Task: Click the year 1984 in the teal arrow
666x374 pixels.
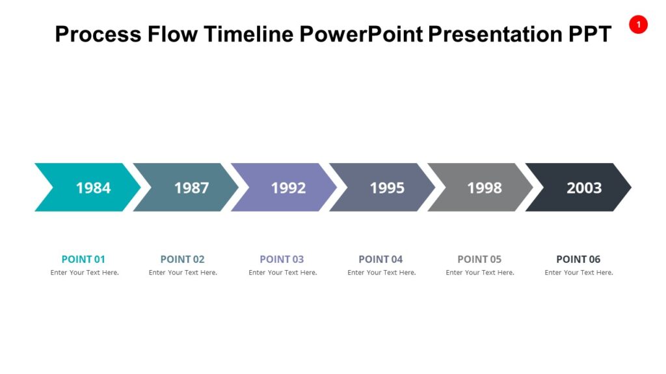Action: tap(93, 188)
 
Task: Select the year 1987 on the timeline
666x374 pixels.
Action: tap(191, 188)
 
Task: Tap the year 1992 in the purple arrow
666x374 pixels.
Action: tap(288, 188)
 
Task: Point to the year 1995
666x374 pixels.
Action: tap(387, 188)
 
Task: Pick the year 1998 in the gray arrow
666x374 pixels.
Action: tap(485, 188)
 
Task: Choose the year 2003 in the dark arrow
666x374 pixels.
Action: tap(584, 188)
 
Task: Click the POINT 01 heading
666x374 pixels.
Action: tap(83, 259)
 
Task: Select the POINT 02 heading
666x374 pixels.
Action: tap(182, 259)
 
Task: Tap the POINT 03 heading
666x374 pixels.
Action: tap(282, 259)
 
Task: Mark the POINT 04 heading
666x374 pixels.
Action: tap(380, 259)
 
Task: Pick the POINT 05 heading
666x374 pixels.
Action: tap(479, 259)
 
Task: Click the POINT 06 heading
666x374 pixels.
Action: tap(578, 259)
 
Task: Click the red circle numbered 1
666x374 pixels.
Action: tap(638, 25)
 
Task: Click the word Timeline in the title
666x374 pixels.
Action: tap(248, 34)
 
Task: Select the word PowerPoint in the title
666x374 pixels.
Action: tap(361, 34)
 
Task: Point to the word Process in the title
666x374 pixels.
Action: tap(98, 34)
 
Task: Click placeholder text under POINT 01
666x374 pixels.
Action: tap(85, 273)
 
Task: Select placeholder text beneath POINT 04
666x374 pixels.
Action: tap(382, 273)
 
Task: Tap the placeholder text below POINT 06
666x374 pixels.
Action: tap(579, 273)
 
